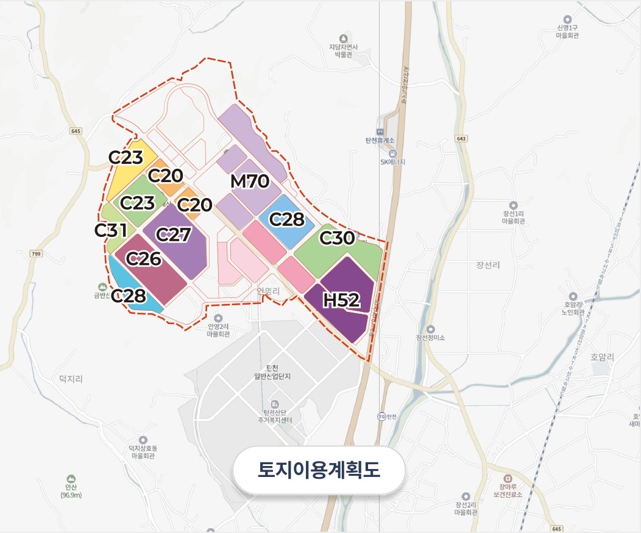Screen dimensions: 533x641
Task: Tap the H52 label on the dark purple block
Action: point(342,300)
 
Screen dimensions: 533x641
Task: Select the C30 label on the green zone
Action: point(337,238)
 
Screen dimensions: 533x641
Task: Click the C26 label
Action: point(143,259)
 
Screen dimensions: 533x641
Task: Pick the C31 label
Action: point(111,230)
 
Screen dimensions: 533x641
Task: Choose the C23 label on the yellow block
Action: point(126,157)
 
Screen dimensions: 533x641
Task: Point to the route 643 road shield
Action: point(461,139)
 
